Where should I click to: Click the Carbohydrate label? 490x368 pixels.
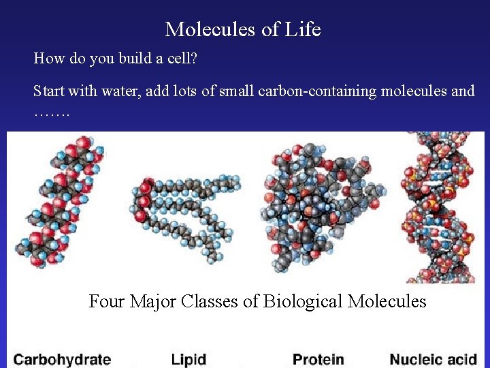click(x=62, y=359)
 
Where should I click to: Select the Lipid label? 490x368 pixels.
click(x=189, y=359)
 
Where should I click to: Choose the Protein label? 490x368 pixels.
click(x=318, y=359)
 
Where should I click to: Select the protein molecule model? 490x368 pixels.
click(x=320, y=204)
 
